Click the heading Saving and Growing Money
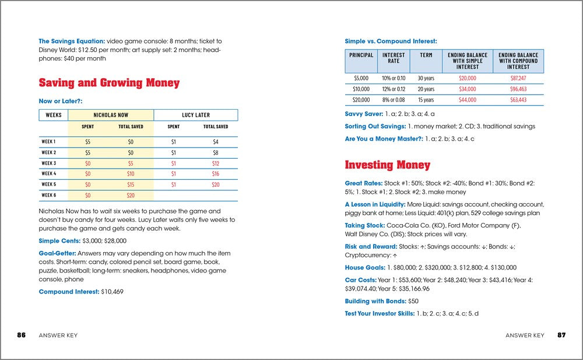(x=109, y=83)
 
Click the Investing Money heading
(x=387, y=165)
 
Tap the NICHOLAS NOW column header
(x=111, y=115)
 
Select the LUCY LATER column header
(x=195, y=115)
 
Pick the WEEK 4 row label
(x=49, y=173)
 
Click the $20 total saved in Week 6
(x=131, y=195)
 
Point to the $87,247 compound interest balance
(x=518, y=78)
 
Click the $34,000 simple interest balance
(x=467, y=89)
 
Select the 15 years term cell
(x=426, y=100)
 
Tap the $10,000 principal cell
(x=361, y=89)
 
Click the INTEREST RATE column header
(x=394, y=57)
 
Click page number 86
(x=21, y=335)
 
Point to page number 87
(x=561, y=335)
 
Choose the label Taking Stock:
(x=364, y=225)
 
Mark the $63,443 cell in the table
(x=518, y=100)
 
